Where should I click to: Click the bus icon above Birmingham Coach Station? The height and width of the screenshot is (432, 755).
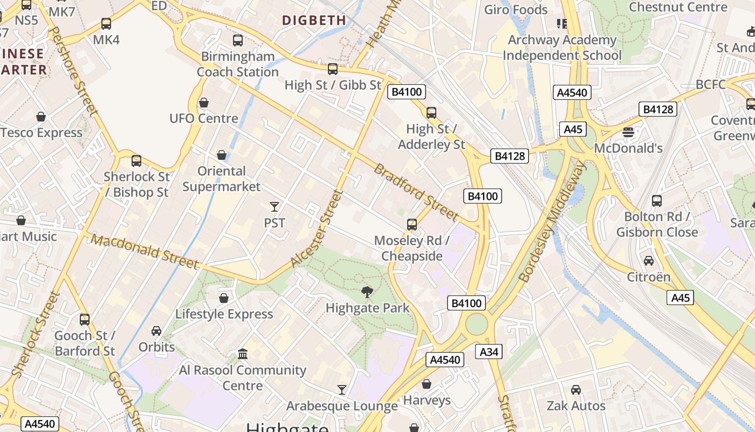point(237,40)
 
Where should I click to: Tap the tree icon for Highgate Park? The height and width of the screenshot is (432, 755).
point(367,292)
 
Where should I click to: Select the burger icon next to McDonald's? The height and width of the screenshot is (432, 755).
point(628,132)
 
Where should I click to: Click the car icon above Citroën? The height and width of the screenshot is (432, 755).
point(648,261)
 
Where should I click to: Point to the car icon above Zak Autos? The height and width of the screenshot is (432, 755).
point(576,390)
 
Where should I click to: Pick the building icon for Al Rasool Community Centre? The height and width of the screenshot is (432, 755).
point(243,354)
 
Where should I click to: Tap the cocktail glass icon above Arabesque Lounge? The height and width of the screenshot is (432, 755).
point(342,389)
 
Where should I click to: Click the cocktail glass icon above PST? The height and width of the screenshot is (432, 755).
point(274,207)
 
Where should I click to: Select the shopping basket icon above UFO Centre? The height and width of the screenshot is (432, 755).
point(204,103)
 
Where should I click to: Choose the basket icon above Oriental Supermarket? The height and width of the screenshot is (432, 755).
point(221,156)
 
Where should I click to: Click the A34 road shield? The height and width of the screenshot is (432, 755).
point(489,352)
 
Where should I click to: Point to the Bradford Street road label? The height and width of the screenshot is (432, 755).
point(416,192)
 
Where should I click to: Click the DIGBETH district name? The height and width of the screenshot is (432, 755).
point(314,21)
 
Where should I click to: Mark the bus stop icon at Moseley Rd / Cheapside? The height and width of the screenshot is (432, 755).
point(412,224)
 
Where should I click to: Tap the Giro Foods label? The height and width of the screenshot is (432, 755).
point(516,10)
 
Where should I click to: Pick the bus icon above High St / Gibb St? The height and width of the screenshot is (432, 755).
point(333,69)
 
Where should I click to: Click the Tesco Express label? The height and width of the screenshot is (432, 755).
point(42,132)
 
